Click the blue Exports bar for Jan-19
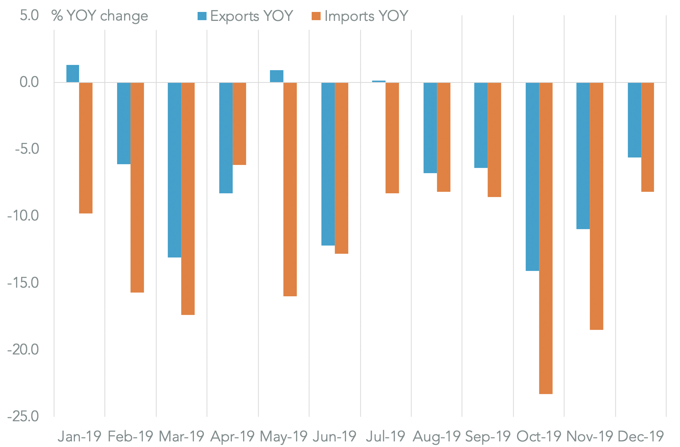pos(73,74)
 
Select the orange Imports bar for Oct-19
pos(546,238)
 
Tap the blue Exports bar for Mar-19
pos(174,170)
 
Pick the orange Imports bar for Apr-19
pos(239,124)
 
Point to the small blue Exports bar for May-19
pos(277,76)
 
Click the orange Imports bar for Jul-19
pos(392,138)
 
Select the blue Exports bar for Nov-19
pos(583,156)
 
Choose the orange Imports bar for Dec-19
pos(648,137)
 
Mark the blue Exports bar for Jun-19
pos(328,164)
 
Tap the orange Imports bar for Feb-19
pos(137,187)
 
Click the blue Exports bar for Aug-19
pos(430,128)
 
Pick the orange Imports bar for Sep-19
pos(494,140)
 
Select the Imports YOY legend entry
pos(359,16)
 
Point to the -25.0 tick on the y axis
pos(23,416)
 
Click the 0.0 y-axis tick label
pos(29,82)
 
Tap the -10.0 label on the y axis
pos(23,216)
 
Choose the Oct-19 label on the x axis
pos(539,436)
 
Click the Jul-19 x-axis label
pos(386,436)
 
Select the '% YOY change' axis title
pos(100,16)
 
